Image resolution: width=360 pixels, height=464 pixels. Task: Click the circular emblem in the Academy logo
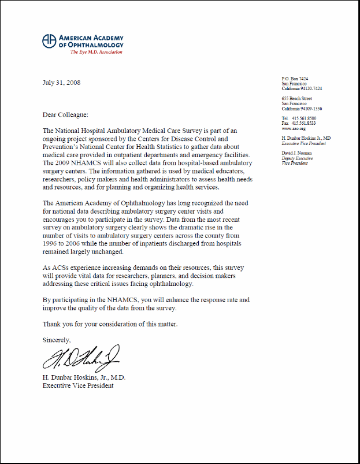pos(50,40)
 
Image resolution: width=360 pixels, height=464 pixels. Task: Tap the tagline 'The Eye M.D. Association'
pos(96,53)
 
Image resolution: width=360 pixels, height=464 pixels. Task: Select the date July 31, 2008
pos(62,83)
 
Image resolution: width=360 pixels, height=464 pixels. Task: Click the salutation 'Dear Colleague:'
pos(66,115)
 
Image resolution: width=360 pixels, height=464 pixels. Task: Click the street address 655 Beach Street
pos(297,99)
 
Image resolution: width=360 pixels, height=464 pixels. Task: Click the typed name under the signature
pos(84,377)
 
